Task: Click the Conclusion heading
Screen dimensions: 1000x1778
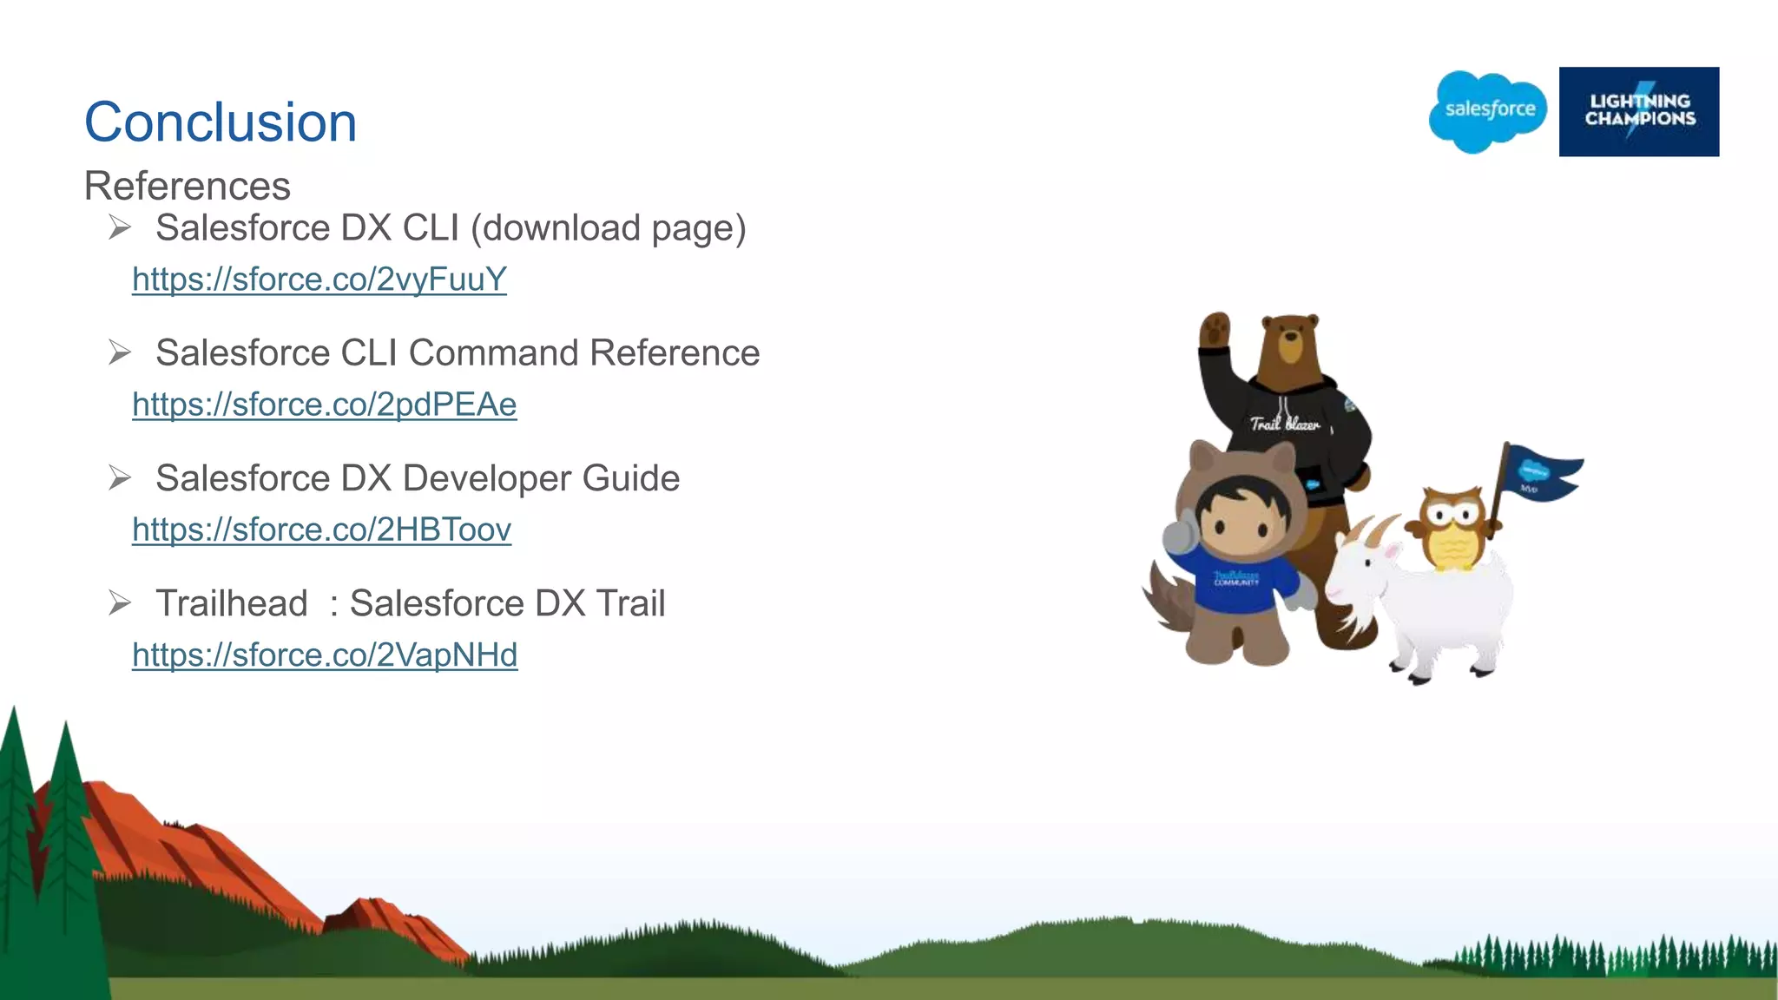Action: pyautogui.click(x=221, y=122)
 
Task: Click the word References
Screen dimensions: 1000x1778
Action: pyautogui.click(x=188, y=186)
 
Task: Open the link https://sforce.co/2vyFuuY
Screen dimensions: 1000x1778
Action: pyautogui.click(x=319, y=280)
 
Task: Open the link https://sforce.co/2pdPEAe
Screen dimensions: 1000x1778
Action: pyautogui.click(x=325, y=405)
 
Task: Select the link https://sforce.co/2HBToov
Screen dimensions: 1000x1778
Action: pyautogui.click(x=322, y=530)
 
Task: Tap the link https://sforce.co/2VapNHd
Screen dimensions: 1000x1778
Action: pyautogui.click(x=325, y=655)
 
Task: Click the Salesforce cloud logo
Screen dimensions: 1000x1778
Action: pyautogui.click(x=1489, y=111)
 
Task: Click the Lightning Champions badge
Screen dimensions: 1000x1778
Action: pyautogui.click(x=1639, y=111)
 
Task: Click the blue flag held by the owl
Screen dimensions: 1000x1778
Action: pyautogui.click(x=1541, y=472)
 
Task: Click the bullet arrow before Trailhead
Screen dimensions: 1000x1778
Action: pyautogui.click(x=120, y=602)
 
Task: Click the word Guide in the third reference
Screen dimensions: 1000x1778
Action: pyautogui.click(x=630, y=478)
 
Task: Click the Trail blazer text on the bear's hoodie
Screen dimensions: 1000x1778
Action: pyautogui.click(x=1285, y=424)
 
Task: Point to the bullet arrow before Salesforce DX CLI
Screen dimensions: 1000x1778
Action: pyautogui.click(x=120, y=227)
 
